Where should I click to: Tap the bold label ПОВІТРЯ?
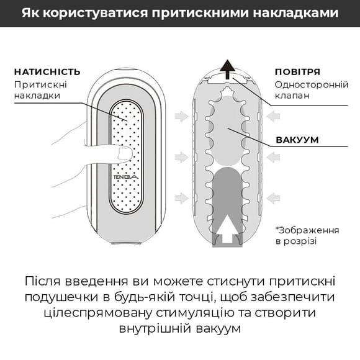[x=298, y=71]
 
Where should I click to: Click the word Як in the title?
[x=30, y=13]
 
